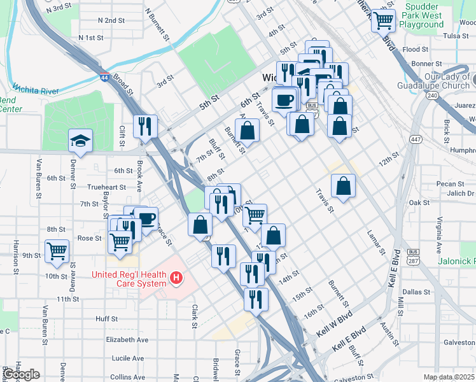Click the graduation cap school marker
click(x=81, y=141)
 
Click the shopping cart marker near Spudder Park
click(x=383, y=20)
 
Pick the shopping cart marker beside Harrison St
click(x=57, y=250)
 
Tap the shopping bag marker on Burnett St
click(x=249, y=131)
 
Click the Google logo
click(x=21, y=374)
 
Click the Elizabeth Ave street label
click(x=127, y=340)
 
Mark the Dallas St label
click(x=416, y=292)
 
